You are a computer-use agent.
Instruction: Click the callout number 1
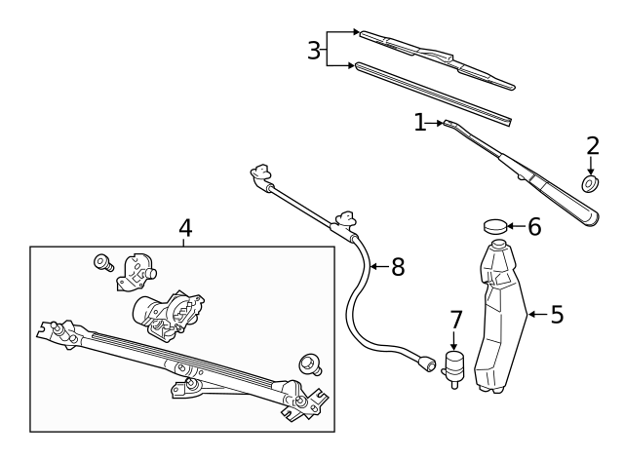[x=420, y=123]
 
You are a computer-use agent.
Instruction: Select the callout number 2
[x=593, y=146]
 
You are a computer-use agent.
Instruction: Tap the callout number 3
[x=313, y=51]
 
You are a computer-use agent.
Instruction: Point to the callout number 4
[x=185, y=228]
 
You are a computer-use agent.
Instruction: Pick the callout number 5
[x=557, y=315]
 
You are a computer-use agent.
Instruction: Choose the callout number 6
[x=533, y=227]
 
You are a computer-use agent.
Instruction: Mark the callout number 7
[x=455, y=320]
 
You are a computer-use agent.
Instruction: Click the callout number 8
[x=397, y=267]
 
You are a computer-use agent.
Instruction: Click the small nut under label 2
[x=590, y=183]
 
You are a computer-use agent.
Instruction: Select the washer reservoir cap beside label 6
[x=496, y=227]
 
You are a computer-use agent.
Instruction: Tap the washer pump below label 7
[x=454, y=369]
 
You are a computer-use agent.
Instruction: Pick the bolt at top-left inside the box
[x=101, y=261]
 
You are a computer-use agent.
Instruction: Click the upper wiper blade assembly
[x=436, y=58]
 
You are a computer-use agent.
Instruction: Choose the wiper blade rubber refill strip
[x=433, y=94]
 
